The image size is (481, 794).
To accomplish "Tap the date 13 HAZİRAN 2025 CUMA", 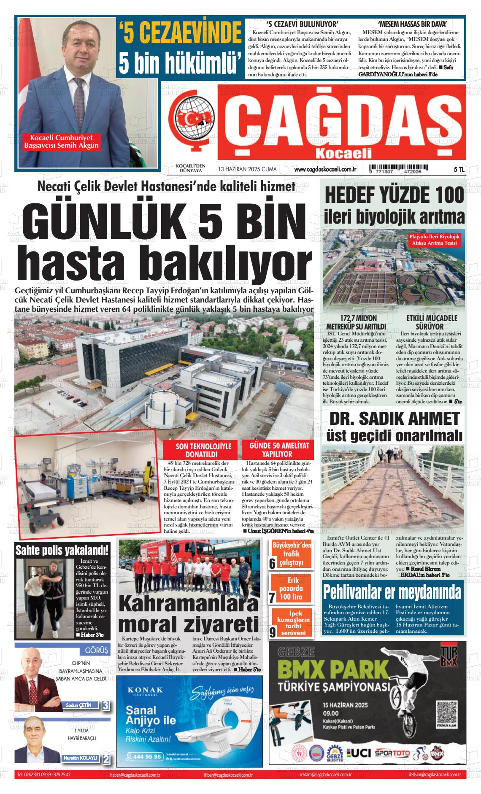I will click(x=247, y=169).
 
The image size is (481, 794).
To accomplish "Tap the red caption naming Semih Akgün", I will click(x=61, y=142).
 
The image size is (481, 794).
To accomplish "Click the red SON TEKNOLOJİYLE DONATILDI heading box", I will click(x=201, y=450).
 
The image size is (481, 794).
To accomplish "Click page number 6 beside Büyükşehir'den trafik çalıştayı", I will click(x=272, y=564).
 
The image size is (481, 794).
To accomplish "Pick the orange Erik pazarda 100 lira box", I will click(x=292, y=588).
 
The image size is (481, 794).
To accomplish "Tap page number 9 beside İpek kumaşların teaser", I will click(x=273, y=632).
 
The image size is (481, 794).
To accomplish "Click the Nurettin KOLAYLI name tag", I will click(x=80, y=758).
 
